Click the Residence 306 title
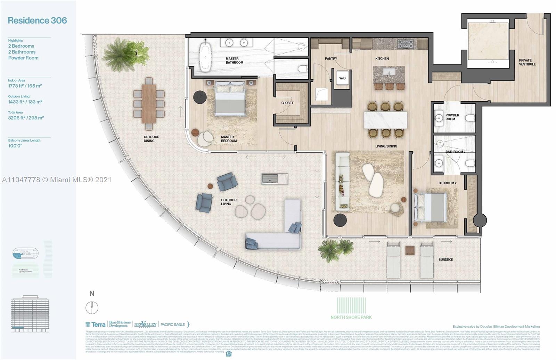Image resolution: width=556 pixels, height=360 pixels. coord(37,21)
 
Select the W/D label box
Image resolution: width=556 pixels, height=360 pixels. coord(342,78)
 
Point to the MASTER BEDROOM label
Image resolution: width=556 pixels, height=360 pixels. coord(229,139)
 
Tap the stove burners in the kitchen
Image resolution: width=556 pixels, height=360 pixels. coord(406,44)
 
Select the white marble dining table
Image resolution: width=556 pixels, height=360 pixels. coord(386,120)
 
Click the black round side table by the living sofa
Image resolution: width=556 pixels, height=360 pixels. coord(340,220)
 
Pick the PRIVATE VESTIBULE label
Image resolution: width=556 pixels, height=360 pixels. coord(527,62)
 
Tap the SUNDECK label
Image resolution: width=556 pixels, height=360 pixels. coord(445,259)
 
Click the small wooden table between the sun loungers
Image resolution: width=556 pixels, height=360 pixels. coord(410,250)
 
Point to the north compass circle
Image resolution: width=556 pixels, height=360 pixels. coord(92,307)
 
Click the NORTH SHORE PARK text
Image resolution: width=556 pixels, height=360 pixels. coord(351,317)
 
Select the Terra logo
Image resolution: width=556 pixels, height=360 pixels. coord(96,324)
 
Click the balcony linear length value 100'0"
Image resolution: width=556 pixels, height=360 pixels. coord(15,146)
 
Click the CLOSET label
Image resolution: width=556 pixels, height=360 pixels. coord(287,103)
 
